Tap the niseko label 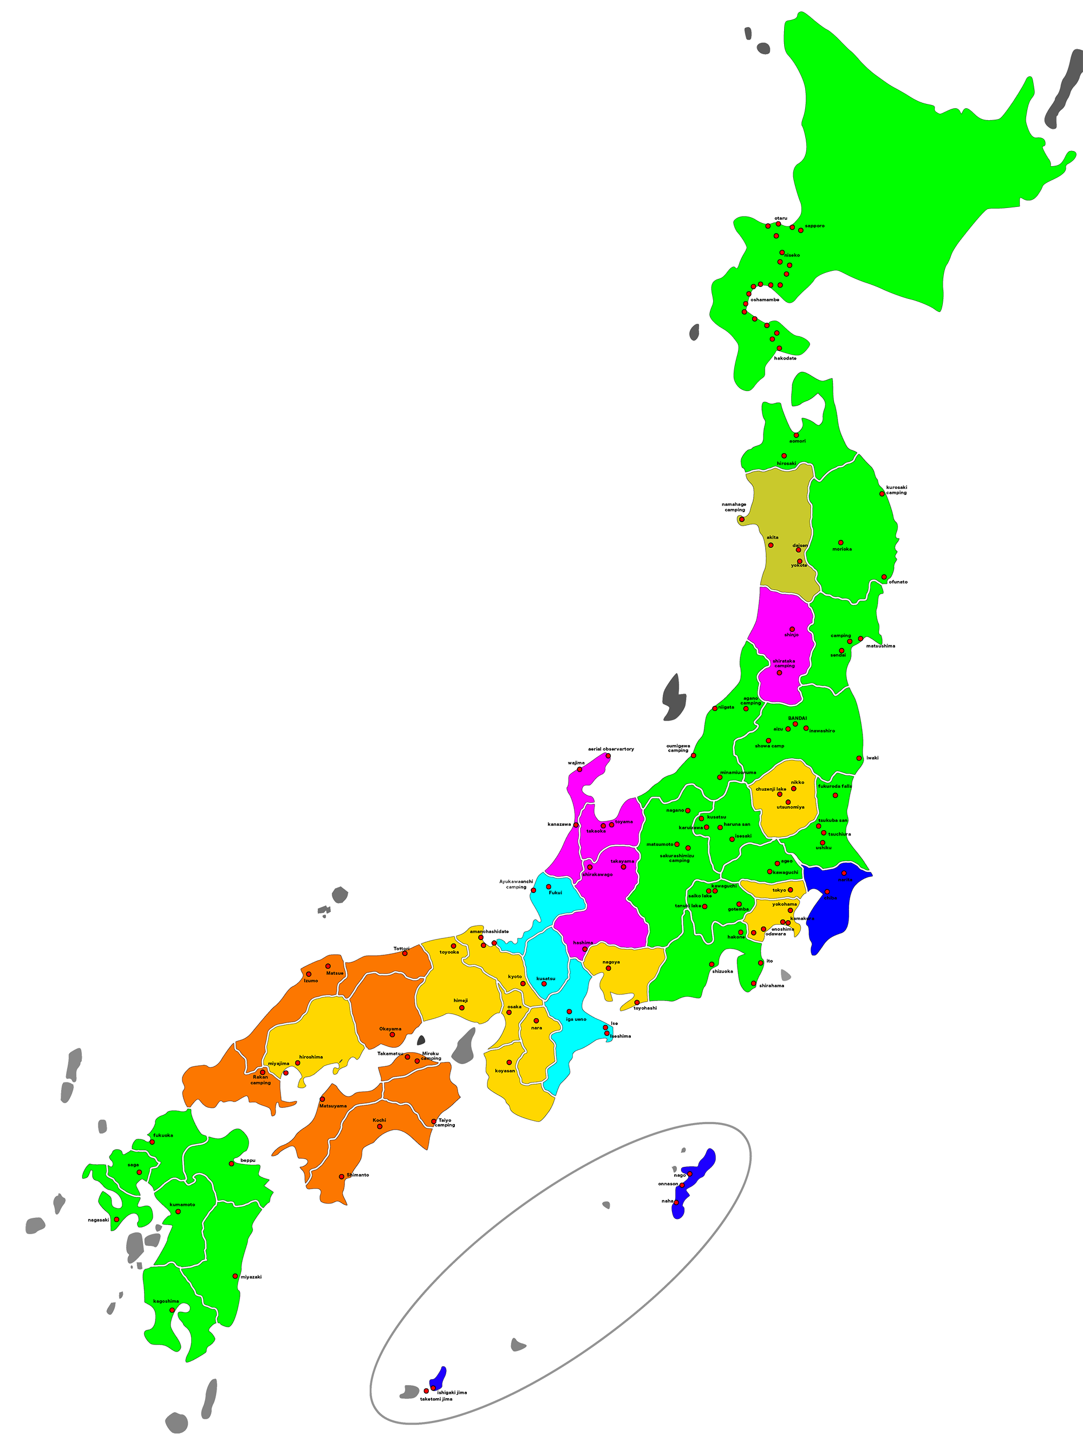point(792,255)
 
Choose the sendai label point(838,655)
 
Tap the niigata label point(726,707)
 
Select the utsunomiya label point(791,807)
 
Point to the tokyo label point(779,890)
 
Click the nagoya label point(611,962)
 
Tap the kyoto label point(516,976)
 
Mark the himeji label point(461,1000)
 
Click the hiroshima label point(311,1056)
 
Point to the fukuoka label point(163,1135)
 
